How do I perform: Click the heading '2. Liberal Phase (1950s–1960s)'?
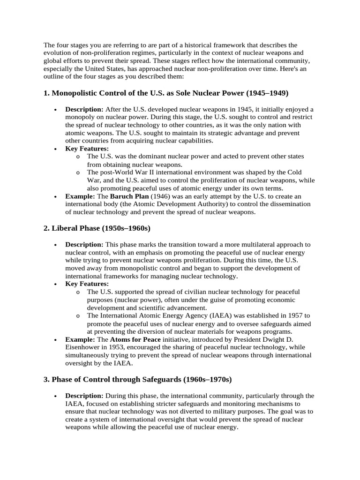(97, 228)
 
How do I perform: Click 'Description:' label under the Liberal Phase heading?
(84, 245)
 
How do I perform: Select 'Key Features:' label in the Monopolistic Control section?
(87, 149)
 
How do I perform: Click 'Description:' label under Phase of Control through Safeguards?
(84, 396)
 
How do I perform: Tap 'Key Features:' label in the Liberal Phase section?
(87, 284)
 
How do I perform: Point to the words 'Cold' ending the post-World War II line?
(294, 172)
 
